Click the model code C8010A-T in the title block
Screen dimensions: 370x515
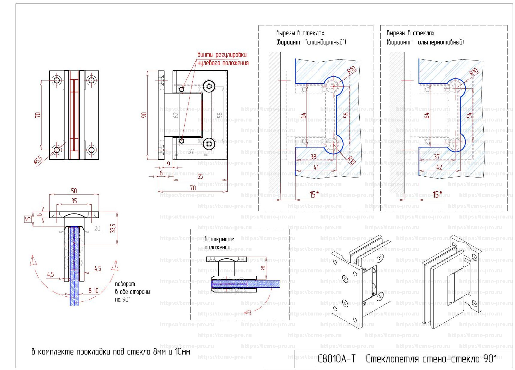click(x=336, y=359)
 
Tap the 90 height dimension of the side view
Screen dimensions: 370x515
click(x=144, y=115)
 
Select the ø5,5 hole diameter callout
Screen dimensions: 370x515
click(x=39, y=160)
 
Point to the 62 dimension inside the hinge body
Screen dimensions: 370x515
click(x=176, y=114)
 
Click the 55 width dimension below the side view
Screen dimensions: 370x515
click(x=200, y=177)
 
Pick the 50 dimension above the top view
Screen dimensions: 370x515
click(x=74, y=191)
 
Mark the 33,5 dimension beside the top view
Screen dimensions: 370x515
click(x=113, y=228)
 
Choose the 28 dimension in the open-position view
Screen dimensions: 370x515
click(x=263, y=268)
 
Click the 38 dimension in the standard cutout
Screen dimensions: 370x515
click(x=313, y=157)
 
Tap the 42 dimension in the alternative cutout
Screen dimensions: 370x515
click(x=439, y=167)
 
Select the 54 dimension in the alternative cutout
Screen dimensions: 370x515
click(x=469, y=115)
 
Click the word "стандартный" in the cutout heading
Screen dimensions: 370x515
click(x=326, y=42)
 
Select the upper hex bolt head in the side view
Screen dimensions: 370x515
click(x=209, y=87)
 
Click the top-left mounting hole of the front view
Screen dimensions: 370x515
click(x=56, y=80)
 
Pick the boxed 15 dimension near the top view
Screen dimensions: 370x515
click(x=28, y=219)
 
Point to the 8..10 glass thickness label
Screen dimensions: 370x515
click(x=93, y=291)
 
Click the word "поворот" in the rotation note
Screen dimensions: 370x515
click(x=125, y=284)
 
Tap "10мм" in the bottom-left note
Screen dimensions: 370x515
click(x=182, y=352)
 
